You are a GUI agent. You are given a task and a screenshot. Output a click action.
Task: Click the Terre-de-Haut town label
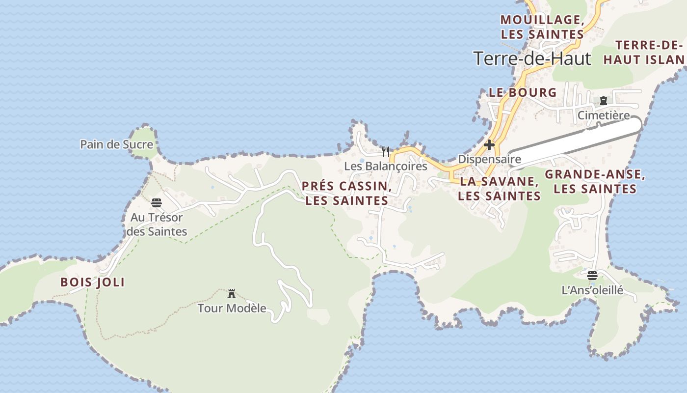pyautogui.click(x=532, y=58)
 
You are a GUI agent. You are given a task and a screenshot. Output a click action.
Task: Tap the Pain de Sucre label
pyautogui.click(x=117, y=144)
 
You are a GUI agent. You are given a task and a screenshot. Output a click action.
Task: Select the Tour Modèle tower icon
pyautogui.click(x=232, y=294)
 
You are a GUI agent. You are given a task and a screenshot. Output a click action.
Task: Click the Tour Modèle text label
pyautogui.click(x=232, y=309)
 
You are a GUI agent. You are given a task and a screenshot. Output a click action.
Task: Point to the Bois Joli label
pyautogui.click(x=92, y=282)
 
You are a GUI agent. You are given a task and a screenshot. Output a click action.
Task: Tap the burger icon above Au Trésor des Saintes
pyautogui.click(x=157, y=203)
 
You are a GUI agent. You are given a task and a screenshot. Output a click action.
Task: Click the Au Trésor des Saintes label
pyautogui.click(x=157, y=224)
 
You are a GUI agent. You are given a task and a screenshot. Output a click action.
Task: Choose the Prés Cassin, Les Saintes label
pyautogui.click(x=346, y=193)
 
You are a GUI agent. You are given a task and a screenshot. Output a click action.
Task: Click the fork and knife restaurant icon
pyautogui.click(x=386, y=152)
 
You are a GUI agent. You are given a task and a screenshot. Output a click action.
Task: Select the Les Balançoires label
pyautogui.click(x=386, y=166)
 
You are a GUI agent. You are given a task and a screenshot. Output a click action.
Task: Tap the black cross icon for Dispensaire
pyautogui.click(x=489, y=145)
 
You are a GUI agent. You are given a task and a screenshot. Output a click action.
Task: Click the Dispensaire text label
pyautogui.click(x=489, y=159)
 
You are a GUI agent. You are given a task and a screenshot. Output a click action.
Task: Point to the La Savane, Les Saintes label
pyautogui.click(x=500, y=188)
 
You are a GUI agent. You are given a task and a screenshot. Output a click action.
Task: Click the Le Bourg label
pyautogui.click(x=523, y=92)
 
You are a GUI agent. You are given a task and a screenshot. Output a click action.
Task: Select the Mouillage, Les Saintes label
pyautogui.click(x=542, y=27)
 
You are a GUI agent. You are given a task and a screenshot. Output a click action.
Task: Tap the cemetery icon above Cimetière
pyautogui.click(x=604, y=101)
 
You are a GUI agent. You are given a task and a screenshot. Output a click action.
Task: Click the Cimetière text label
pyautogui.click(x=604, y=115)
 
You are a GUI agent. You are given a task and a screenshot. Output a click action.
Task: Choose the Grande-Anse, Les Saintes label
pyautogui.click(x=595, y=181)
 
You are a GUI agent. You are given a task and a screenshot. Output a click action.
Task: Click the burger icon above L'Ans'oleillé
pyautogui.click(x=592, y=275)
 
